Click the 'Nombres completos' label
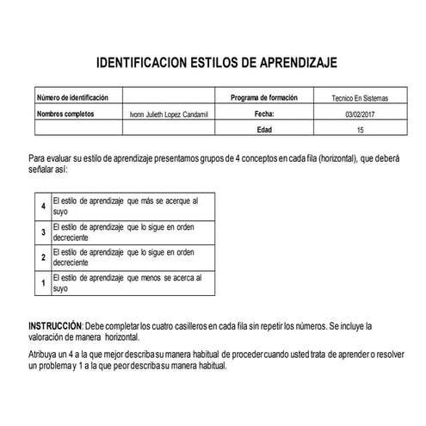pyautogui.click(x=65, y=113)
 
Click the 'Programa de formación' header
pyautogui.click(x=263, y=98)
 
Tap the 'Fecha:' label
pyautogui.click(x=264, y=113)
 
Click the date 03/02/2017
pyautogui.click(x=360, y=114)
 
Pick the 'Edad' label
pyautogui.click(x=264, y=129)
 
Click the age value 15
pyautogui.click(x=360, y=129)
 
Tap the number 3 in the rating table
pyautogui.click(x=43, y=232)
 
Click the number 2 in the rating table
pyautogui.click(x=43, y=256)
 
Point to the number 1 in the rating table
pyautogui.click(x=43, y=281)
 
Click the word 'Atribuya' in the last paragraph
pyautogui.click(x=44, y=353)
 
